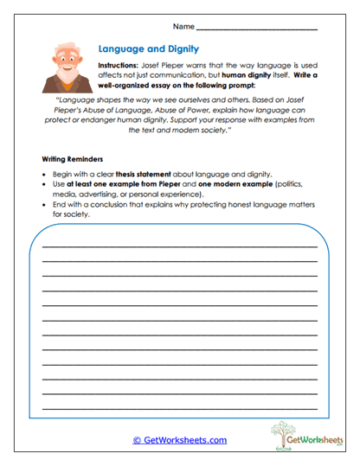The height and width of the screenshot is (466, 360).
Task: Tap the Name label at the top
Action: coord(184,28)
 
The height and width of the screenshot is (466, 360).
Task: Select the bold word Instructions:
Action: coord(118,65)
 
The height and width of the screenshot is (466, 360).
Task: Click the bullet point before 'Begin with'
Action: coord(45,174)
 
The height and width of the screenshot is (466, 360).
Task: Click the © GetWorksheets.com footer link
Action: coord(179,440)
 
